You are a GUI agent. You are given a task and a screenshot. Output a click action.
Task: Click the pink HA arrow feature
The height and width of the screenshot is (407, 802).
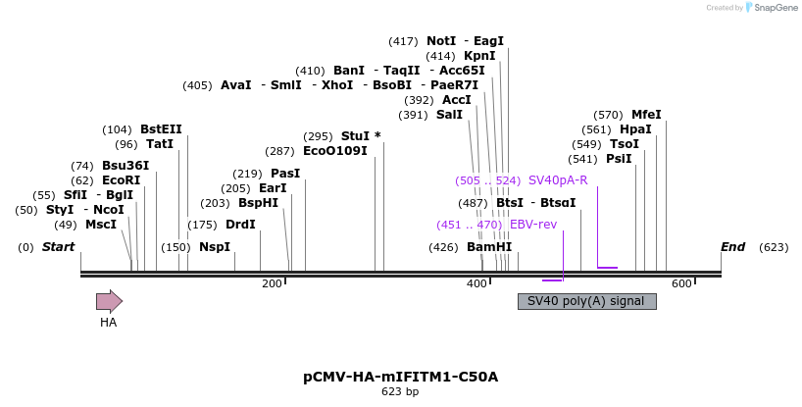coord(109,301)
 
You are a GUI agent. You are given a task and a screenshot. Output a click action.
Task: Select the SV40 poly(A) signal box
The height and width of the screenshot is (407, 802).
coord(586,301)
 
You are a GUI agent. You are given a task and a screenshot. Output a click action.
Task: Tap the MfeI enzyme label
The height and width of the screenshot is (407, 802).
coord(646,114)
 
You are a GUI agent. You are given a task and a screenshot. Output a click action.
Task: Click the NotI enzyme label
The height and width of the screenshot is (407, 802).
coord(441,41)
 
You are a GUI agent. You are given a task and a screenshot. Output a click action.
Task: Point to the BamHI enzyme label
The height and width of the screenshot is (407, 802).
coord(489,247)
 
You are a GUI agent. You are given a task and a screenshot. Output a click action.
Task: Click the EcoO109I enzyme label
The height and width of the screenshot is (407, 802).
coord(335,151)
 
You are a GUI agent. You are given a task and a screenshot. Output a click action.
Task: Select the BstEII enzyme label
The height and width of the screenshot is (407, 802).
coord(161,129)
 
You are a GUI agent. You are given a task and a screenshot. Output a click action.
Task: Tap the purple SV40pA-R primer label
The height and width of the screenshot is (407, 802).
coord(558,180)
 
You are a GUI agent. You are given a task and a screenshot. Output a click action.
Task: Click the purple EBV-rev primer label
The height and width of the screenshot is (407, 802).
coord(533,225)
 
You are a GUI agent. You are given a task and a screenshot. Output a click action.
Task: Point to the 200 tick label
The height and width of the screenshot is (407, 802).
coord(272,283)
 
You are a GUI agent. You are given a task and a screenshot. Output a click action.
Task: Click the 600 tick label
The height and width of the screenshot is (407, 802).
coord(681,283)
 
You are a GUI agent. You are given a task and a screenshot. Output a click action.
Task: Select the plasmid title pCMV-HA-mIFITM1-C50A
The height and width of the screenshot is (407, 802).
coord(400,377)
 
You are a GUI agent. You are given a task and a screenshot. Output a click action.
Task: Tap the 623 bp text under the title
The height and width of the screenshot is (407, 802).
coord(400,392)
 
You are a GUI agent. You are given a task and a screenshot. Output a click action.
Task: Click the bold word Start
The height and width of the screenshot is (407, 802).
coord(58,247)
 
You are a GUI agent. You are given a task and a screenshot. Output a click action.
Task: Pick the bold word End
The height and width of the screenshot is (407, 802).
coord(733,247)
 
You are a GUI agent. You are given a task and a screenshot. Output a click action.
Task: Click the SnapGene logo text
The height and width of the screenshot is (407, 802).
coord(776,8)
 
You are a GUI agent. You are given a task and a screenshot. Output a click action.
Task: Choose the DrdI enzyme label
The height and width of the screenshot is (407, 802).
coord(240,225)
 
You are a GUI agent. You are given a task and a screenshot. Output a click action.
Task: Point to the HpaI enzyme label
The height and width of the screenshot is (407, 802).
coord(635,129)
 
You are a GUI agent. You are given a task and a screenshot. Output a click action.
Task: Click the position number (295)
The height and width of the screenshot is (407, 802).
coord(318,136)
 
